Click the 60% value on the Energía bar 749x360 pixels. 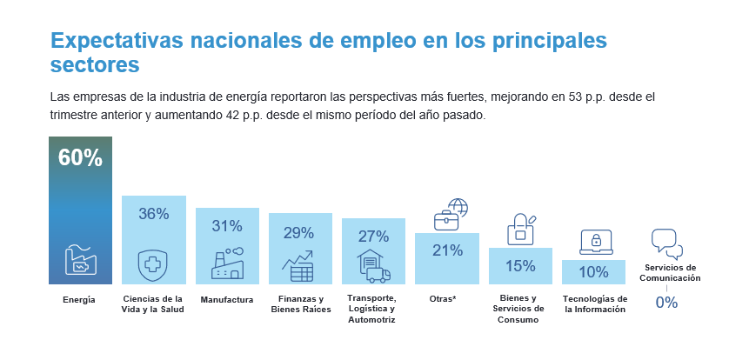(x=80, y=157)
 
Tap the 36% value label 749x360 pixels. (x=153, y=214)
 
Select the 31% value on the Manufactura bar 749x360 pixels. (x=227, y=226)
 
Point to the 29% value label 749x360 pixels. (x=299, y=232)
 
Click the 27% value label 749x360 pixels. (x=373, y=236)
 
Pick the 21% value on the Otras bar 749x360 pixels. (x=446, y=250)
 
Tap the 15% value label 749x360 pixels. (x=520, y=265)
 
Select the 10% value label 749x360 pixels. (x=593, y=272)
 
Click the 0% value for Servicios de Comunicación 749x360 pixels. (x=666, y=303)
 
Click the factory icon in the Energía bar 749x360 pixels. (x=80, y=260)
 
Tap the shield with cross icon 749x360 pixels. (x=153, y=264)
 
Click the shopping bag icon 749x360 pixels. (x=521, y=229)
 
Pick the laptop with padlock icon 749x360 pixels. (x=596, y=241)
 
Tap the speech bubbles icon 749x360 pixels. (x=667, y=243)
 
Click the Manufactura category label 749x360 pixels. (x=227, y=300)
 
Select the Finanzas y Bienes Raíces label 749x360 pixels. (x=300, y=304)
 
